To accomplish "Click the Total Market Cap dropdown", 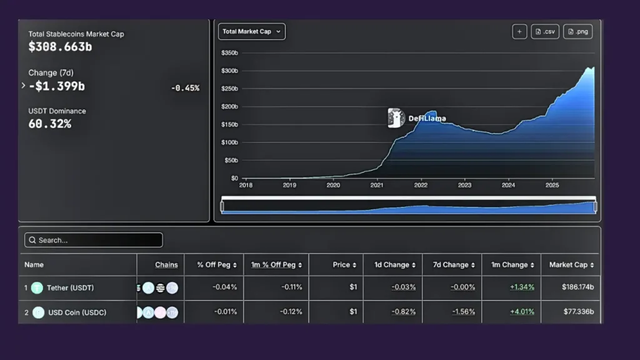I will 251,31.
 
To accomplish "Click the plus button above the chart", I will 519,32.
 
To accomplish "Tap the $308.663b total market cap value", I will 60,46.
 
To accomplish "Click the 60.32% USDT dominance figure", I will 50,124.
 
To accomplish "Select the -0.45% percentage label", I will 185,88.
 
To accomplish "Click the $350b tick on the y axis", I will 229,53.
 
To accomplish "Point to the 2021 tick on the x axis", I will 377,185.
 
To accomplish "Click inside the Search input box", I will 94,240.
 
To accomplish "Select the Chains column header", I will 166,265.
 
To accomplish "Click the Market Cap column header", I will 571,265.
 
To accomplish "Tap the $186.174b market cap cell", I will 577,287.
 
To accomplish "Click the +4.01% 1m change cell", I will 522,312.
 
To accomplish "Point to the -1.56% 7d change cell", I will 462,312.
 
